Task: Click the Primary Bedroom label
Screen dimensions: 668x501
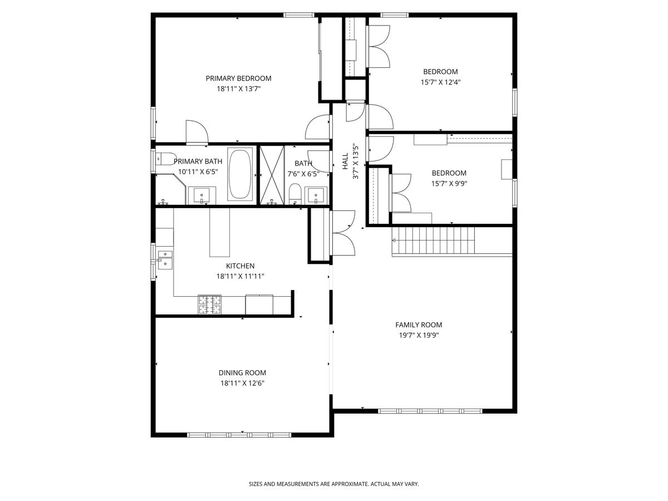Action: click(x=238, y=78)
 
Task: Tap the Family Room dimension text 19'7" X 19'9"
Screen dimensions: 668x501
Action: click(x=419, y=335)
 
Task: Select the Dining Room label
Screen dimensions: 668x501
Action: click(x=242, y=372)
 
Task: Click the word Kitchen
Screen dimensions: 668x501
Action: click(x=240, y=266)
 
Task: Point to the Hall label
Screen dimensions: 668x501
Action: click(x=345, y=161)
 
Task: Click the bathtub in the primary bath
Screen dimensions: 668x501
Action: click(x=240, y=174)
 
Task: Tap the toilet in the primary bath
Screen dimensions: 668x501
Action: click(x=164, y=159)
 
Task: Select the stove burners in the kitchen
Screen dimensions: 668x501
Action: click(x=209, y=304)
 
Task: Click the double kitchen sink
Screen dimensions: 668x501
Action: click(x=165, y=260)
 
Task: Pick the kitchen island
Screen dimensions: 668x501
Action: click(x=219, y=232)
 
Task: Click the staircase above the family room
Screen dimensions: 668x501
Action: click(x=433, y=240)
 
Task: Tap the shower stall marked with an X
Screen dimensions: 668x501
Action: click(x=272, y=175)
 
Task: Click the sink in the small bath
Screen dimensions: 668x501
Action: click(x=316, y=195)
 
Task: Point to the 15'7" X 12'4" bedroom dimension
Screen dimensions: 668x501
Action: click(x=440, y=82)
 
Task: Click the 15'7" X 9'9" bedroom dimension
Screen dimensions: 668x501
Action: click(x=449, y=184)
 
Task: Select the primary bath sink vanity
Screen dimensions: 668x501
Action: click(x=202, y=195)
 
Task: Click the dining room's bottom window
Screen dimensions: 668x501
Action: click(x=239, y=435)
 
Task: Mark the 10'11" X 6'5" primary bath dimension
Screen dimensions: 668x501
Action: click(x=198, y=171)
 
